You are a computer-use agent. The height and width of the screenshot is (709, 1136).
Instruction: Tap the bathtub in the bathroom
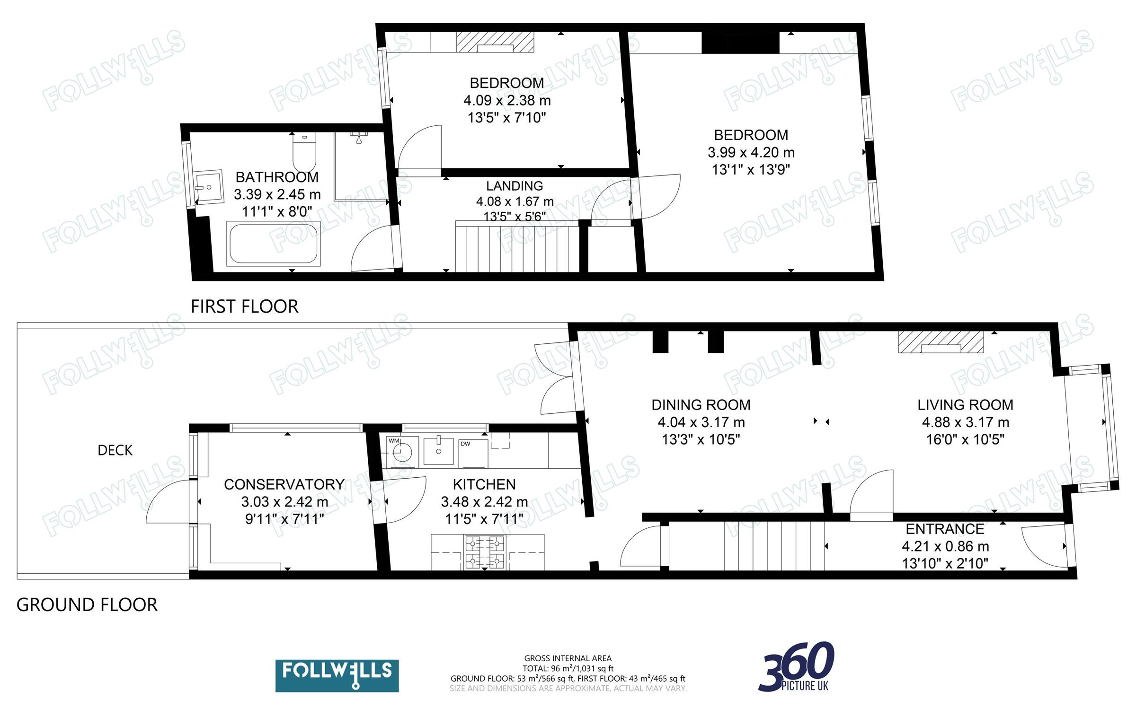(x=273, y=243)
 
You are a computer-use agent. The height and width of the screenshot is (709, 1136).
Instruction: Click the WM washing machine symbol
(x=401, y=451)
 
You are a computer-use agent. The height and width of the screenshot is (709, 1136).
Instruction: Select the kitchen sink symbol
(x=438, y=451)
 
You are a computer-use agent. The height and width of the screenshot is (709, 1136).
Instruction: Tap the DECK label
(x=115, y=450)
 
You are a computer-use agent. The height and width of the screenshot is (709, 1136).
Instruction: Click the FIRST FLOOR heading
(x=244, y=306)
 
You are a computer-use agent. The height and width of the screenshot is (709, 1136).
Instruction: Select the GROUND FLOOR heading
(x=87, y=605)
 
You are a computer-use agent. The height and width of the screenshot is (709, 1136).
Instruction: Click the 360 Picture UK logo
(x=797, y=667)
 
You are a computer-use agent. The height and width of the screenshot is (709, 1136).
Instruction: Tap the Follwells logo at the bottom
(x=337, y=675)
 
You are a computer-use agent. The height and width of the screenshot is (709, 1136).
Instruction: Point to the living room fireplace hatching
(x=941, y=341)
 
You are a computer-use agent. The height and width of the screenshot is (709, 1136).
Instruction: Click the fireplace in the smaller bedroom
(x=495, y=42)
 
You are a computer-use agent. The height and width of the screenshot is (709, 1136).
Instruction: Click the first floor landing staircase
(x=517, y=248)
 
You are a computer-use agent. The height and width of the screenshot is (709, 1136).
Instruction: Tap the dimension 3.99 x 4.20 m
(x=751, y=152)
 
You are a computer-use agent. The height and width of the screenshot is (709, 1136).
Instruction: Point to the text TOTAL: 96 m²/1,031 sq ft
(x=568, y=668)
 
